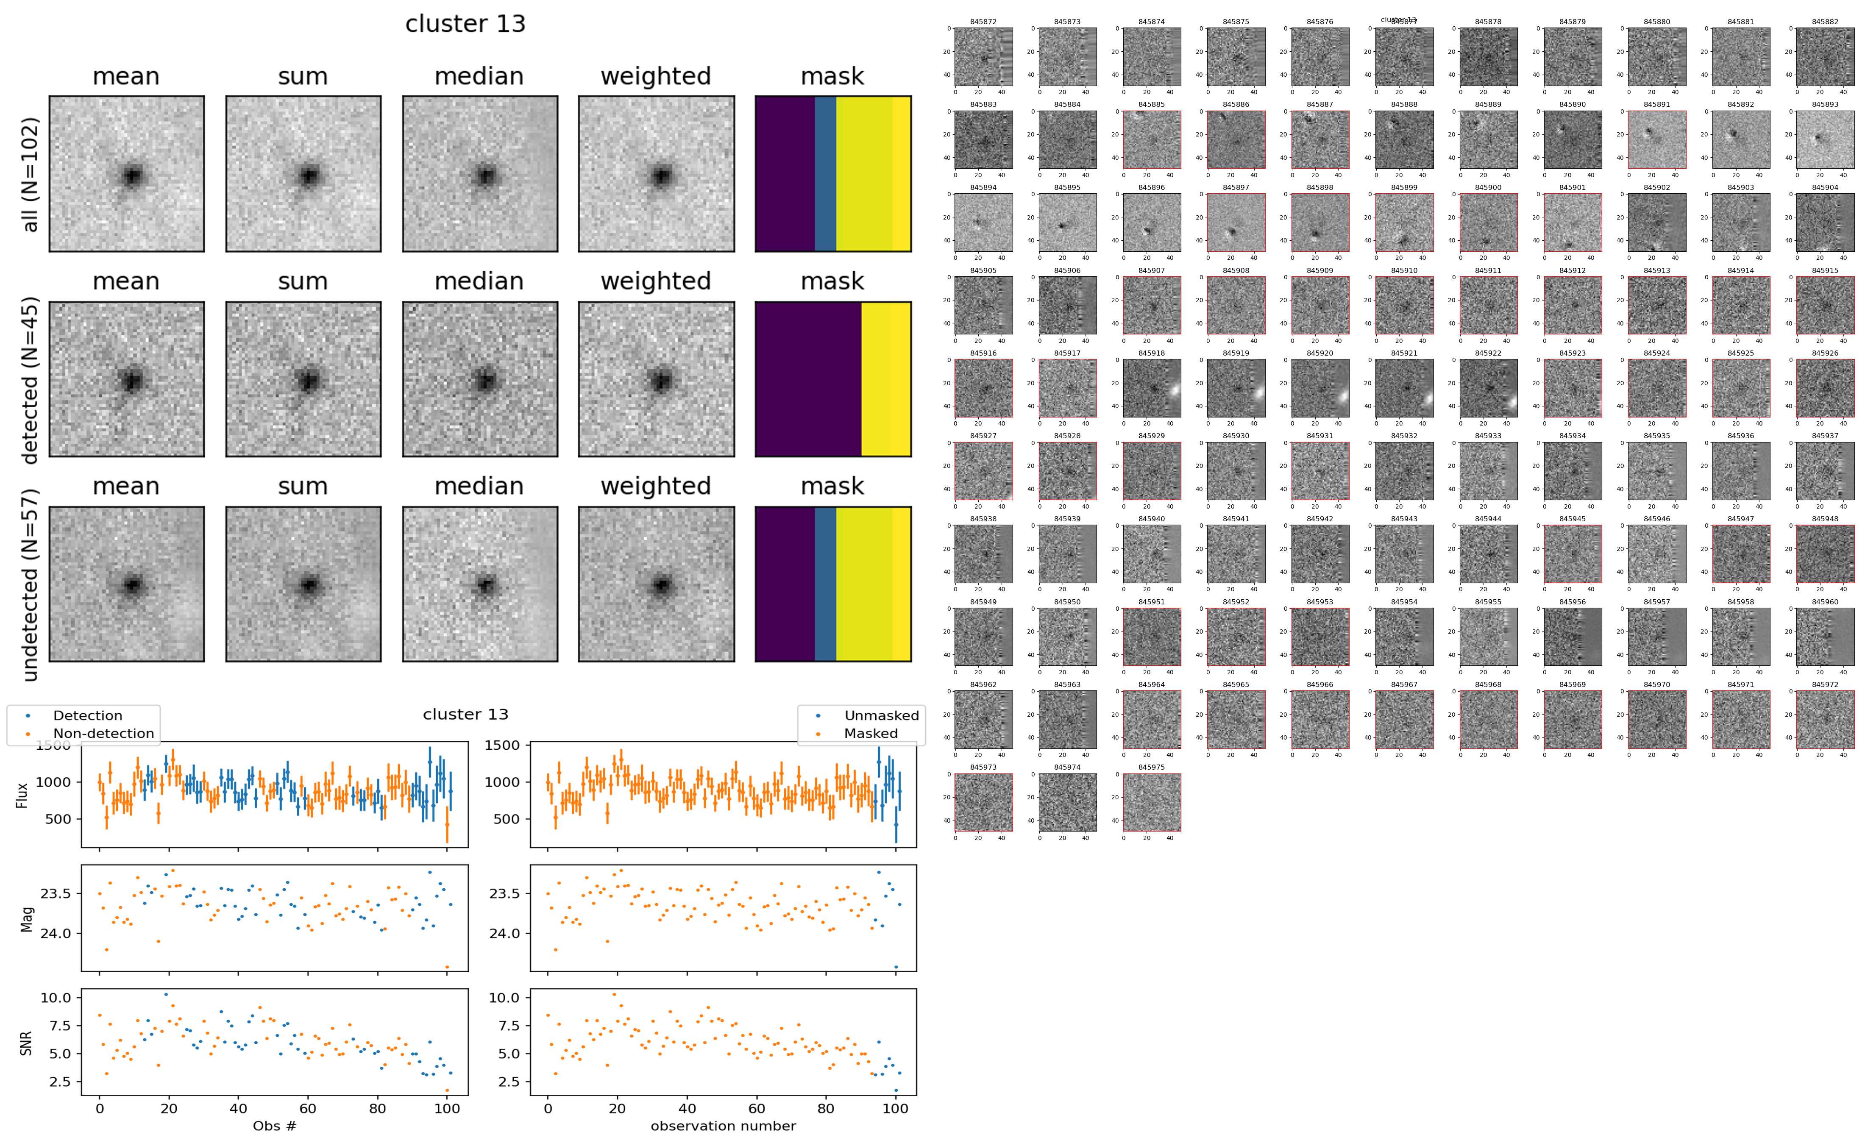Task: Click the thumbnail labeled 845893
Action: [1825, 139]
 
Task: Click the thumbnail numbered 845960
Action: [1825, 637]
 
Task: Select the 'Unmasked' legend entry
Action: [881, 715]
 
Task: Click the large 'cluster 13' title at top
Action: [465, 24]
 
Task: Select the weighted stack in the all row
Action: [656, 174]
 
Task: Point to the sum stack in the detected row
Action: [303, 379]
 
